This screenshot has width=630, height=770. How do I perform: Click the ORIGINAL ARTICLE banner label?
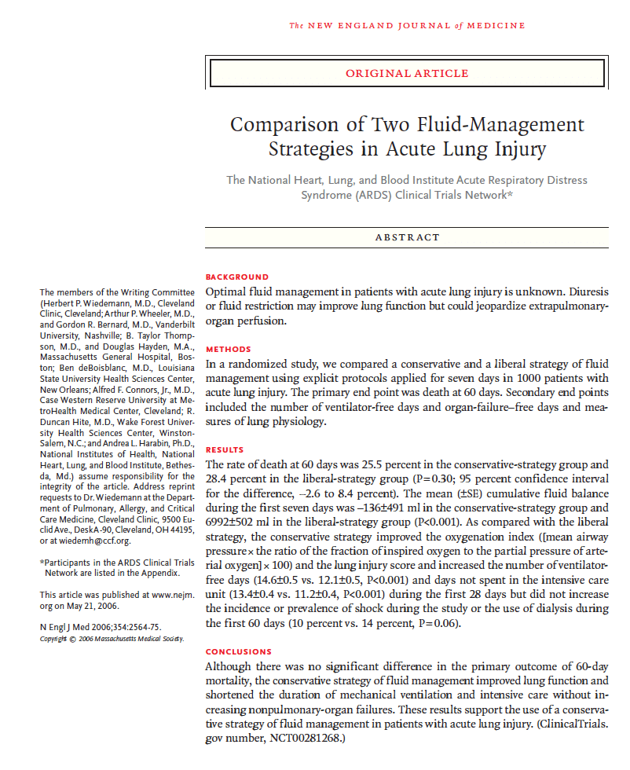click(407, 73)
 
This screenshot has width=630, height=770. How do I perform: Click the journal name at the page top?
click(407, 26)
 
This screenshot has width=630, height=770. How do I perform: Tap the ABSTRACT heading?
click(406, 236)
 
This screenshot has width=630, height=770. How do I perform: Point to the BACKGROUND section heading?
click(236, 277)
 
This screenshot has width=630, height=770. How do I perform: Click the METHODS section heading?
click(228, 349)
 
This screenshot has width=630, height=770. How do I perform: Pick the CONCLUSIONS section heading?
click(239, 651)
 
